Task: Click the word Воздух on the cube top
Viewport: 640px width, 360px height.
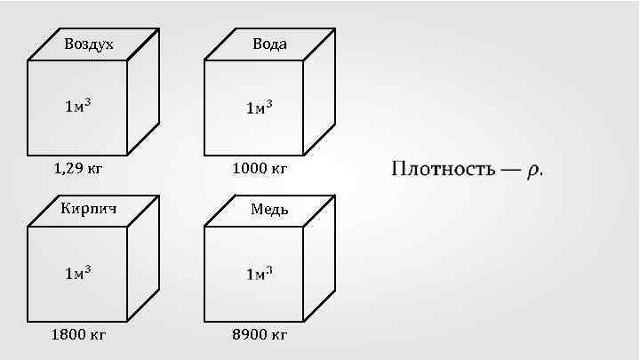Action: coord(89,44)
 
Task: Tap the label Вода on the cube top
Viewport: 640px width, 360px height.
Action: coord(269,44)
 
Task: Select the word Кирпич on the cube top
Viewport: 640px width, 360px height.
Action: coord(89,210)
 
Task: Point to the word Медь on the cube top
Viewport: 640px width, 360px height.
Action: coord(269,211)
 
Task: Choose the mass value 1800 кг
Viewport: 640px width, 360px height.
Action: coord(79,334)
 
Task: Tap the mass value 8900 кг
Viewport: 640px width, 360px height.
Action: coord(259,334)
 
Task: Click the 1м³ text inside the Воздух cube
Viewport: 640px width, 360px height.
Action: coord(78,107)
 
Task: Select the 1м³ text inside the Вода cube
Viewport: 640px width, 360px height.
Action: coord(259,108)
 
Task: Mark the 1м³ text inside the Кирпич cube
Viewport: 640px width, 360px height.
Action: coord(78,273)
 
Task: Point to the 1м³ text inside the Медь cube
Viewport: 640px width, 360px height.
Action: coord(259,273)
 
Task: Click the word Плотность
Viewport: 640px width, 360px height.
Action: coord(441,169)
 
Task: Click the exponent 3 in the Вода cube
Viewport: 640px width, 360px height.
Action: coord(268,103)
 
